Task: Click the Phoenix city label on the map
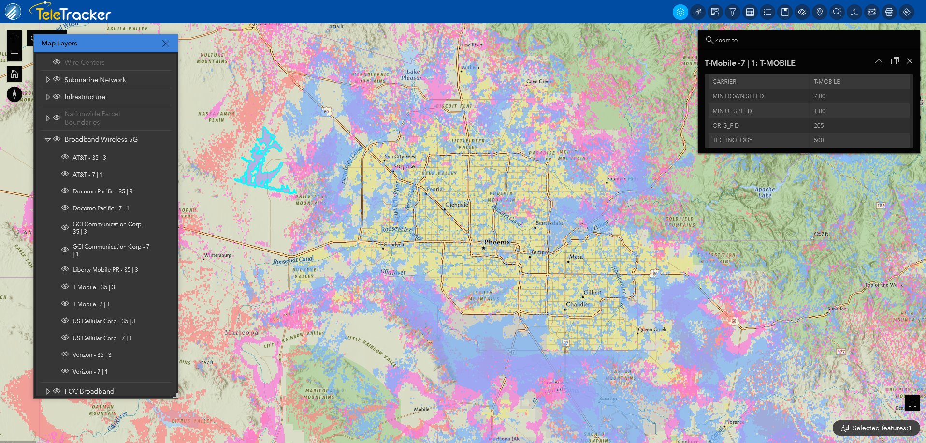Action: pyautogui.click(x=497, y=242)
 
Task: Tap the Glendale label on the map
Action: pyautogui.click(x=456, y=205)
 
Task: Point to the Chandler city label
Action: pyautogui.click(x=578, y=304)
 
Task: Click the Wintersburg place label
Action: pyautogui.click(x=218, y=255)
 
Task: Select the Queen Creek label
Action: pyautogui.click(x=652, y=329)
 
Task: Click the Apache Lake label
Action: pyautogui.click(x=765, y=192)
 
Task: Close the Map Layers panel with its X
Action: pyautogui.click(x=166, y=44)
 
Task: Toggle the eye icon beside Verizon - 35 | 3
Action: pyautogui.click(x=65, y=354)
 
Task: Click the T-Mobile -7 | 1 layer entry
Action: pyautogui.click(x=91, y=304)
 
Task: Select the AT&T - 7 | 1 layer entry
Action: pyautogui.click(x=87, y=175)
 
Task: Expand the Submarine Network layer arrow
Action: pyautogui.click(x=48, y=80)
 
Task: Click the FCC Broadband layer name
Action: pyautogui.click(x=89, y=391)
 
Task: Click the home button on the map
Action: pyautogui.click(x=14, y=74)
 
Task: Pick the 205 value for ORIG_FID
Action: pyautogui.click(x=819, y=126)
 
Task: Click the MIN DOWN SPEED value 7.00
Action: pyautogui.click(x=819, y=96)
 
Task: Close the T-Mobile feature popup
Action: pyautogui.click(x=910, y=61)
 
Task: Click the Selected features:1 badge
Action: pyautogui.click(x=876, y=428)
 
